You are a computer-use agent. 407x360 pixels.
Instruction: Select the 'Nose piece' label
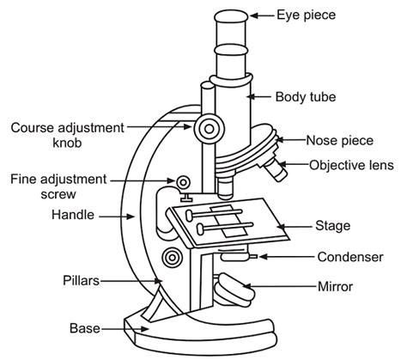coord(337,138)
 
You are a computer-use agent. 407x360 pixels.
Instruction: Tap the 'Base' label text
coord(85,327)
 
